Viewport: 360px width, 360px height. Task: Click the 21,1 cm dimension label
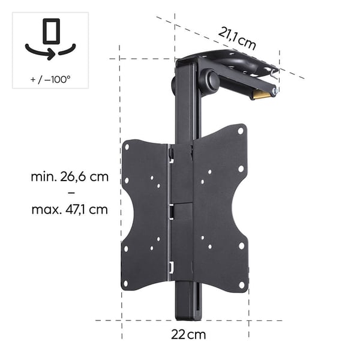click(237, 39)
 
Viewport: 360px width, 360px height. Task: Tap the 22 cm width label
click(188, 335)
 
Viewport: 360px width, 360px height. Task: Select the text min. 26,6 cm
click(70, 177)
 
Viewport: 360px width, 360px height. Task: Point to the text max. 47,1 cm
click(70, 209)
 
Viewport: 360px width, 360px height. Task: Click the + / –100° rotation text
click(50, 79)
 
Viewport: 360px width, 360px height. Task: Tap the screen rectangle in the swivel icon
click(52, 31)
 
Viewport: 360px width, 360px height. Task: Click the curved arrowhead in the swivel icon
click(50, 54)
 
